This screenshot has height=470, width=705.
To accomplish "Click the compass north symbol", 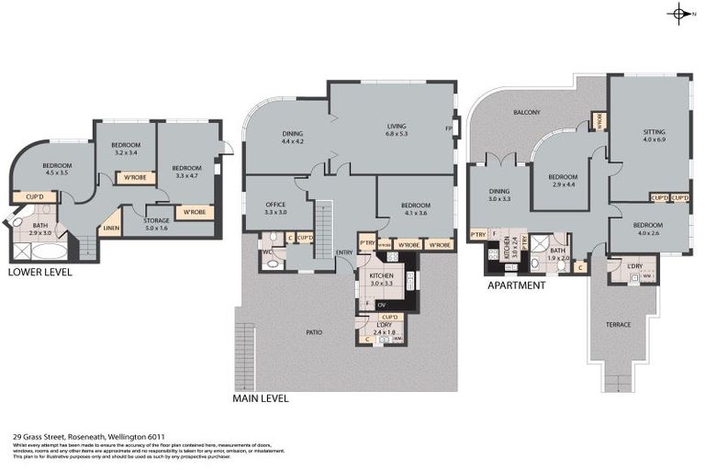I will click(680, 13).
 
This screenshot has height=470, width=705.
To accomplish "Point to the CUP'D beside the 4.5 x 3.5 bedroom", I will click(36, 196).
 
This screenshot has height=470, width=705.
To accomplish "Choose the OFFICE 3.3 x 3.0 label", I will click(275, 207).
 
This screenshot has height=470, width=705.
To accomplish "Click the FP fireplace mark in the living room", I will click(449, 129).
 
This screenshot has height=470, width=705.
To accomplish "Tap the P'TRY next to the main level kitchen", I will click(366, 244).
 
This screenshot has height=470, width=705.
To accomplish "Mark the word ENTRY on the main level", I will click(344, 252).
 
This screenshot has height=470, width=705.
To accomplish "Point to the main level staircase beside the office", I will click(322, 221).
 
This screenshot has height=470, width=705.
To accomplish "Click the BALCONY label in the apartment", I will click(526, 113).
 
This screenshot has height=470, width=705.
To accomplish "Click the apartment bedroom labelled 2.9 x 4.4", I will click(562, 181).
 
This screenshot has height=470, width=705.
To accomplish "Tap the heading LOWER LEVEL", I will click(39, 273).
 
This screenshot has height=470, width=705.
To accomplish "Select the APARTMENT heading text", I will click(515, 285).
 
